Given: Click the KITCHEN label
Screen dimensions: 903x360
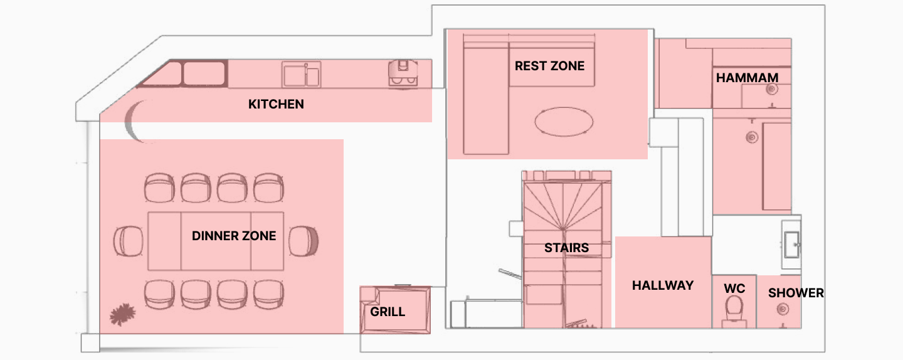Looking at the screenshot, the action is pyautogui.click(x=276, y=104).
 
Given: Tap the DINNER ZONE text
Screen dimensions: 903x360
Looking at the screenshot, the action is pyautogui.click(x=234, y=236).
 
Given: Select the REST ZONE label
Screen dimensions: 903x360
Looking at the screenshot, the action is pyautogui.click(x=549, y=66).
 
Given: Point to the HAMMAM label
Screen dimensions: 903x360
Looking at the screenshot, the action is pyautogui.click(x=747, y=77).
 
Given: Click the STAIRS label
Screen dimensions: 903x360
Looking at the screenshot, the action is pyautogui.click(x=566, y=248).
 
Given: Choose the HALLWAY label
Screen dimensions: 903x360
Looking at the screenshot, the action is pyautogui.click(x=663, y=285).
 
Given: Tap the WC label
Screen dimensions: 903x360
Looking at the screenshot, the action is pyautogui.click(x=734, y=289).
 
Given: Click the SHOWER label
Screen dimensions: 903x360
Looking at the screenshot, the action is pyautogui.click(x=796, y=293).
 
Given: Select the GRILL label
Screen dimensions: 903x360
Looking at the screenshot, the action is pyautogui.click(x=388, y=312).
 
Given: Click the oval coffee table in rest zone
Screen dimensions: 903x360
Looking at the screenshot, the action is pyautogui.click(x=564, y=121).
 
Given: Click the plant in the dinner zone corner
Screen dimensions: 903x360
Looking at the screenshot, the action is pyautogui.click(x=122, y=314).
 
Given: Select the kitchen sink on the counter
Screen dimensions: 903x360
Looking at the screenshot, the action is pyautogui.click(x=301, y=75).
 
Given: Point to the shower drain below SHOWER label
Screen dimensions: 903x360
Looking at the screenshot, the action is pyautogui.click(x=783, y=309).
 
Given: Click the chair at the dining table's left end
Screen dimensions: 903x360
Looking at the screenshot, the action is pyautogui.click(x=129, y=241).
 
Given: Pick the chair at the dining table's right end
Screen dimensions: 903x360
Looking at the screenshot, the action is pyautogui.click(x=304, y=241).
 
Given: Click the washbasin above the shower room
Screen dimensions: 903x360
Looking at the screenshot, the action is pyautogui.click(x=791, y=245).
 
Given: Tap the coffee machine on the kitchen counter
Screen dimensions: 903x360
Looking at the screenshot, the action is pyautogui.click(x=403, y=73).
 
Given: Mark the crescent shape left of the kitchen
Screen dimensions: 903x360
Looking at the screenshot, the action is pyautogui.click(x=134, y=121).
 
